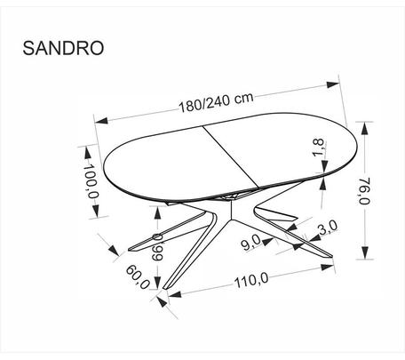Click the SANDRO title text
(63, 48)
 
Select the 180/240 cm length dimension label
(217, 102)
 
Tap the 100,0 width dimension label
(91, 181)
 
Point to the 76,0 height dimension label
(365, 191)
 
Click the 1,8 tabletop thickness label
(319, 148)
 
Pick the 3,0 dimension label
(328, 228)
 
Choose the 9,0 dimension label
(251, 243)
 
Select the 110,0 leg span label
(251, 280)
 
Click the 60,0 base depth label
(138, 276)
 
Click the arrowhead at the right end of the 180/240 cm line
(333, 84)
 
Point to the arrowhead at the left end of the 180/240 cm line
(101, 121)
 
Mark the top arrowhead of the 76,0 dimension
(364, 129)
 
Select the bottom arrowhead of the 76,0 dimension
(364, 252)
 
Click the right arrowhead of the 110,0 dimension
(328, 267)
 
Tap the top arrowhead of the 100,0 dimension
(88, 153)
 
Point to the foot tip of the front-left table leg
(165, 288)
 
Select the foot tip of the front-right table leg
(330, 255)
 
